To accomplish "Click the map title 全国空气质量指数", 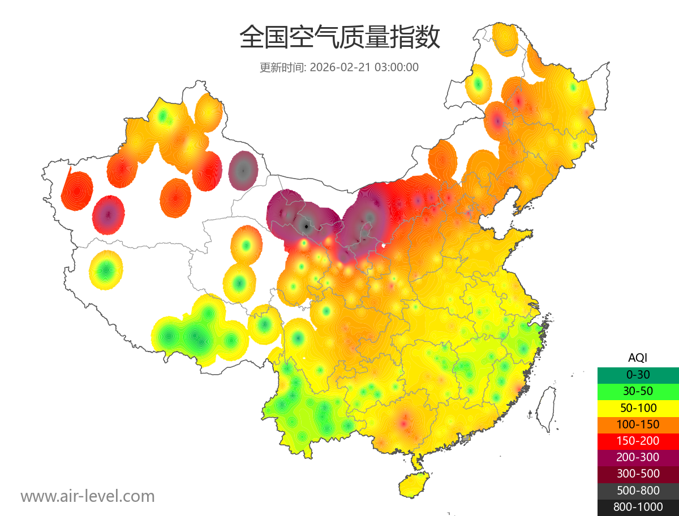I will pyautogui.click(x=339, y=38).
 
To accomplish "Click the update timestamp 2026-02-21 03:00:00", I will pyautogui.click(x=364, y=67).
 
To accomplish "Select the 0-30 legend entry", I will pyautogui.click(x=638, y=375).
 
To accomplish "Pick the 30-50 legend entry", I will pyautogui.click(x=638, y=391).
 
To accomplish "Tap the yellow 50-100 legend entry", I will pyautogui.click(x=638, y=407).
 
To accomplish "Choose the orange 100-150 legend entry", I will pyautogui.click(x=638, y=424).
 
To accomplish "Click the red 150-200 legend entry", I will pyautogui.click(x=638, y=441).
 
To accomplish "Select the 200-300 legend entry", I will pyautogui.click(x=638, y=457).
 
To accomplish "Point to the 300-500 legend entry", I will pyautogui.click(x=638, y=474).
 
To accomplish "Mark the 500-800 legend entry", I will pyautogui.click(x=638, y=491).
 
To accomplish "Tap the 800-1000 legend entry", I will pyautogui.click(x=638, y=507).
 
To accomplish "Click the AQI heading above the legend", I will pyautogui.click(x=638, y=358).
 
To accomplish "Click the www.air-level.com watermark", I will pyautogui.click(x=88, y=496).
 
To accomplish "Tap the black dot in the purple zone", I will pyautogui.click(x=306, y=226).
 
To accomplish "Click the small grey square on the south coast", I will pyautogui.click(x=466, y=438).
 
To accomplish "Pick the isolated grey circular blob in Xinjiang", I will pyautogui.click(x=243, y=170).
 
